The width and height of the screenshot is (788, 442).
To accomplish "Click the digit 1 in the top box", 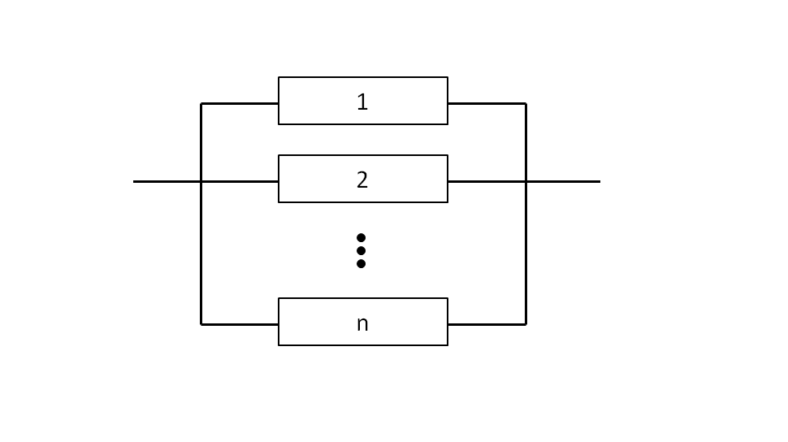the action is [362, 102].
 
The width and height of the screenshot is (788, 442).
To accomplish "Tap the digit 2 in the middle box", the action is [362, 180].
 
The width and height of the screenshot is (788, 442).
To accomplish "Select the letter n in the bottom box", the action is [362, 324].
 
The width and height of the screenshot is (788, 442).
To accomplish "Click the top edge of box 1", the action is [363, 77].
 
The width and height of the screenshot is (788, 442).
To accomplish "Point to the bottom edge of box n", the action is [363, 345].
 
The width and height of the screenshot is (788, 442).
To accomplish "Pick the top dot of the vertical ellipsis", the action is [361, 237].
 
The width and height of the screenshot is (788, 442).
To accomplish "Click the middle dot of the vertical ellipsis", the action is [361, 250].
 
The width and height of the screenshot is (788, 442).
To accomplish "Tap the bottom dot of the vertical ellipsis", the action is [361, 263].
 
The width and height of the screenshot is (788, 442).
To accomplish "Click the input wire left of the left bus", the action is [167, 181].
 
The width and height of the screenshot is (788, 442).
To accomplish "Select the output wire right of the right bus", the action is [563, 181].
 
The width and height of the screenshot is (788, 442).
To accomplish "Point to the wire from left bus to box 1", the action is [240, 103].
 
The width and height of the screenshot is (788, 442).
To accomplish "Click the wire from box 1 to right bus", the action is [487, 103].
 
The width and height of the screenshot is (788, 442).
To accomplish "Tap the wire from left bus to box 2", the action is [240, 181].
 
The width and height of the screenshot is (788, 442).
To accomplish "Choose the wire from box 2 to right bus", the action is [487, 181].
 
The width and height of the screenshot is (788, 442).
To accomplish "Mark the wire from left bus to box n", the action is [240, 324].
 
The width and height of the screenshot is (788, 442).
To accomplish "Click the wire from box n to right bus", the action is [487, 324].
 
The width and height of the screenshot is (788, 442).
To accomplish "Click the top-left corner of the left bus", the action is [201, 103].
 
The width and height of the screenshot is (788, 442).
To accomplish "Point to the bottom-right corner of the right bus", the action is [526, 324].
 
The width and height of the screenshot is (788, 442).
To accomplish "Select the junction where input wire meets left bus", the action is [201, 181].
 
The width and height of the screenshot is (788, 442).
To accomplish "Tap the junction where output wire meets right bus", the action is [526, 181].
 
